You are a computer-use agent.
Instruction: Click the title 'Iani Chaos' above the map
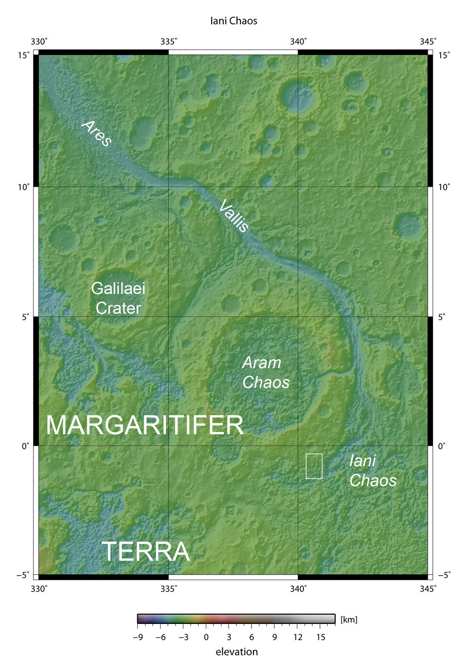[x=233, y=21]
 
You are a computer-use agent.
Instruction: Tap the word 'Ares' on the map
[x=97, y=133]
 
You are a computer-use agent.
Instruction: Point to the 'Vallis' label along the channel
[x=234, y=216]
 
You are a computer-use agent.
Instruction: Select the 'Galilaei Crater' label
[x=118, y=298]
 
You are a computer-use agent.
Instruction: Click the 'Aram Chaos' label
[x=265, y=372]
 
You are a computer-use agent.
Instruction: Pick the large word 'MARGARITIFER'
[x=144, y=425]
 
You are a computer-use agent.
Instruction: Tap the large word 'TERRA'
[x=145, y=552]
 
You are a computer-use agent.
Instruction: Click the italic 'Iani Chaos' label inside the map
[x=372, y=470]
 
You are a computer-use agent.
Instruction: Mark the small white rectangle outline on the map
[x=314, y=466]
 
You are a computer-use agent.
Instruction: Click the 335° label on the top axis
[x=168, y=41]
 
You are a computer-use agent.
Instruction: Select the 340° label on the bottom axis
[x=298, y=589]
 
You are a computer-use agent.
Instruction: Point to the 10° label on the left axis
[x=24, y=187]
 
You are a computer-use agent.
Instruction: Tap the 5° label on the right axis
[x=442, y=317]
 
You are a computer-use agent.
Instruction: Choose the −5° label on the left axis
[x=22, y=575]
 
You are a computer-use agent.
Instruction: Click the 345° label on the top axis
[x=428, y=41]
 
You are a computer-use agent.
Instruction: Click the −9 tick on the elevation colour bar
[x=138, y=637]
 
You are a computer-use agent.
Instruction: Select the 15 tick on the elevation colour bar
[x=320, y=637]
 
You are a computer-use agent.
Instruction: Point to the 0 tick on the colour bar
[x=206, y=637]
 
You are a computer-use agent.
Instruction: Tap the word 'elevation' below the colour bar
[x=236, y=652]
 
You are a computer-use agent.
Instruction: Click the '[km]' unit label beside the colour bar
[x=349, y=619]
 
